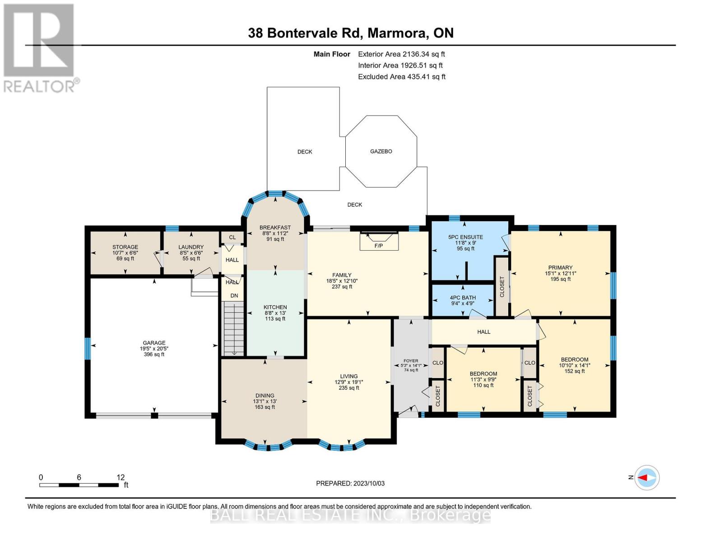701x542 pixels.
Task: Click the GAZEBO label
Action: tap(381, 151)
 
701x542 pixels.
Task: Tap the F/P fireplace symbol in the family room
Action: tap(379, 241)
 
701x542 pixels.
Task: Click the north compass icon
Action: tap(646, 477)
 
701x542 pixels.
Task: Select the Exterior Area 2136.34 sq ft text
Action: tap(401, 54)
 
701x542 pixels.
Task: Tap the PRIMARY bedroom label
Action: tap(560, 267)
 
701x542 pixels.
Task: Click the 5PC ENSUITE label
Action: tap(465, 237)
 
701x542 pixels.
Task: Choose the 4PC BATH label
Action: tap(463, 298)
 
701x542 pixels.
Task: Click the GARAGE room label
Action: tap(154, 343)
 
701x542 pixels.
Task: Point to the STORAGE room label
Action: tap(125, 247)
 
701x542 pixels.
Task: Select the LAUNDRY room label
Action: tap(191, 247)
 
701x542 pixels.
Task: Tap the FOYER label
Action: tap(411, 361)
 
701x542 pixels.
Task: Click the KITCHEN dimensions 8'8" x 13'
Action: tap(275, 313)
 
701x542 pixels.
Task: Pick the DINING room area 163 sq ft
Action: tap(265, 407)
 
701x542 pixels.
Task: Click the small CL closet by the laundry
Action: tap(232, 237)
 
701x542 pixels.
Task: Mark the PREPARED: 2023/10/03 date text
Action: tap(350, 483)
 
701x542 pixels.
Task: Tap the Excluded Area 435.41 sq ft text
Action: tap(401, 77)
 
